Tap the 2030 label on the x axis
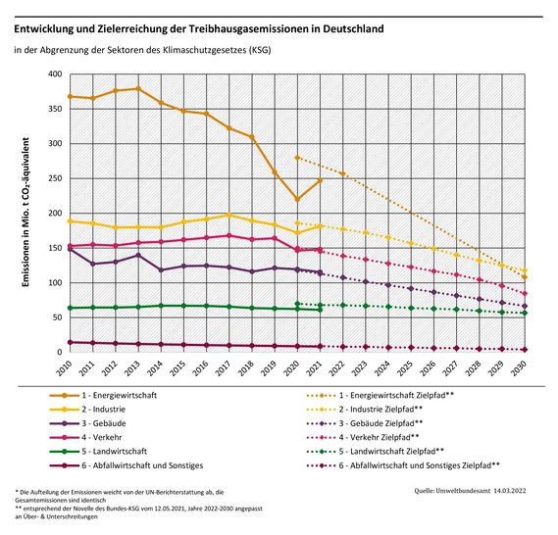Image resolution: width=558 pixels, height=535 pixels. point(525,375)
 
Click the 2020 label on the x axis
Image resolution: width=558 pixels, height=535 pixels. point(296,375)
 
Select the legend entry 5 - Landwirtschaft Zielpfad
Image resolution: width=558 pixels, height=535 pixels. point(388,452)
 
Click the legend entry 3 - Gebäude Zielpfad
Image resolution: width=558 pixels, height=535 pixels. point(377,423)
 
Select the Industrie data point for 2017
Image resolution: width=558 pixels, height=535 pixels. point(229,215)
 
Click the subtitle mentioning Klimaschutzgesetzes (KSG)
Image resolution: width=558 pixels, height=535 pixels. point(142,48)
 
